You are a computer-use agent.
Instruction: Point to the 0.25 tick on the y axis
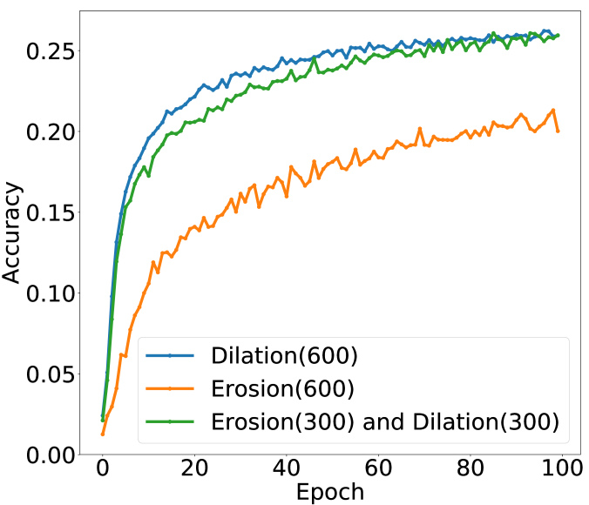tap(40, 50)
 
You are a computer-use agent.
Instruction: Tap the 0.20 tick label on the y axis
tap(40, 131)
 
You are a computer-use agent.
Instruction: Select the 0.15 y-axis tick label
tap(40, 212)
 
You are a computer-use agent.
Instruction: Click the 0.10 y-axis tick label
tap(40, 293)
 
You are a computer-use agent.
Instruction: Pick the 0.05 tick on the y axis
tap(40, 374)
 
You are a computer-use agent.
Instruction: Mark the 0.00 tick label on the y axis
tap(40, 454)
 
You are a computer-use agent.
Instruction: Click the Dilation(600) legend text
tap(284, 355)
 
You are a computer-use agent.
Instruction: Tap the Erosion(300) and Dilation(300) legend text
tap(384, 421)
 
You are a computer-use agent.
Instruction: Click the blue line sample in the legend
tap(171, 355)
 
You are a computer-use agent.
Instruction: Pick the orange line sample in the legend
tap(171, 388)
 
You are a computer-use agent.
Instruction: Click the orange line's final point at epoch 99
tap(558, 131)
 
